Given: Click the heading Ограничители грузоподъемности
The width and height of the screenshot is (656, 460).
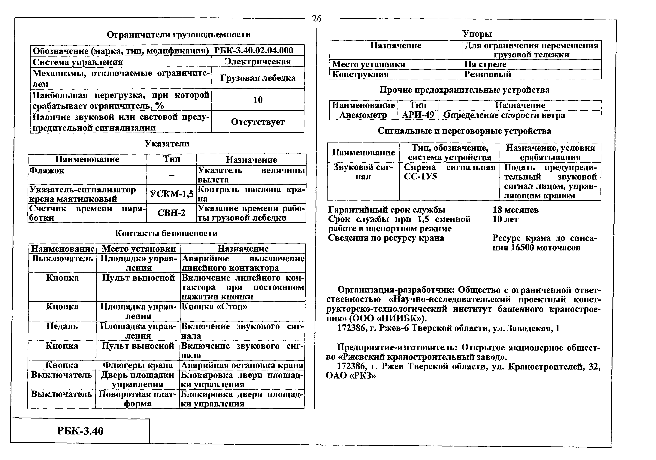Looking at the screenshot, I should coord(179,35).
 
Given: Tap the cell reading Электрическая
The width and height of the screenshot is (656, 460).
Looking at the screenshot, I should coord(258,61).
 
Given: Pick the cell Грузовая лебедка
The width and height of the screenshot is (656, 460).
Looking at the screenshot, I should coord(258,78).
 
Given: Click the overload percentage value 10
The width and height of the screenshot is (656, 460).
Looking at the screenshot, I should coord(258,100).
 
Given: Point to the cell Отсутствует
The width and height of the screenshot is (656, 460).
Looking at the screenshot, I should coord(258,122).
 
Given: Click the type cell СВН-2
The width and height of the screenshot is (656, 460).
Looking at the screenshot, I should coord(171,213).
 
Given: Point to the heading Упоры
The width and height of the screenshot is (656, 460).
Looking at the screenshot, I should coord(477,34).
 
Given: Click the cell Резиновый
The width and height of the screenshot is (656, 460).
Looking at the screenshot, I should coord(487,74).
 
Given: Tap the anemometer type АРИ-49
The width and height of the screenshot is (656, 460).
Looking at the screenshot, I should coord(418,115).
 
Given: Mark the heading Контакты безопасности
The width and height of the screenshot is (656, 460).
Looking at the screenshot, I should coord(166,233).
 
